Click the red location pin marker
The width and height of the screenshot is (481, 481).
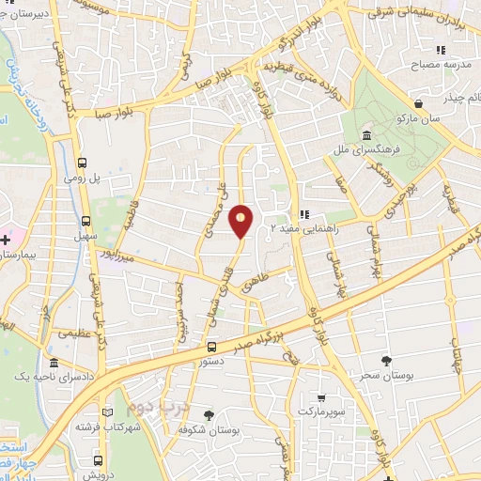241,220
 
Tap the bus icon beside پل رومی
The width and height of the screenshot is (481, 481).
84,162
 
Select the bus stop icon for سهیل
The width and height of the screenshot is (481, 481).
86,222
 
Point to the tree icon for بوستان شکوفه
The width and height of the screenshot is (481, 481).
209,414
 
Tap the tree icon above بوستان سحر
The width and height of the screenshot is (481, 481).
387,360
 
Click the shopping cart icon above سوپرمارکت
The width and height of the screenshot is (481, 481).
322,396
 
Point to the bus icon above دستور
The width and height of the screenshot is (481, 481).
211,346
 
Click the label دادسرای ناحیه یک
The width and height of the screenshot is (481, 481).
54,376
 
